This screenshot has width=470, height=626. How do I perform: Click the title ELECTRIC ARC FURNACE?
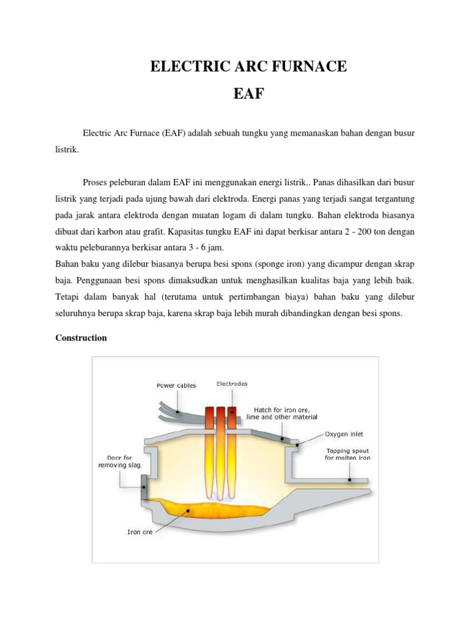point(248,66)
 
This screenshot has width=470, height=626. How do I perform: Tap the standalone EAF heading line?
point(248,95)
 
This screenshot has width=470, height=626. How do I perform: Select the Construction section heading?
point(81,337)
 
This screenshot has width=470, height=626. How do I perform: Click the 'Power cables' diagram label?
point(176,386)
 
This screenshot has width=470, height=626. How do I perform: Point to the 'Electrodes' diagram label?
point(232,384)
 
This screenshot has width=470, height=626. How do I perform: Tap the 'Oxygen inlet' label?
point(344,434)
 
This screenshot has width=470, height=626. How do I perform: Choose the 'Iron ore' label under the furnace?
point(140,531)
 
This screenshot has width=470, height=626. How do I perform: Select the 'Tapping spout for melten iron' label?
point(347,454)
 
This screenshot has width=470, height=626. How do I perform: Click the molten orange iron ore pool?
point(208,506)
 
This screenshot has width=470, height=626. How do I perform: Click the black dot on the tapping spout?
point(349,480)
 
